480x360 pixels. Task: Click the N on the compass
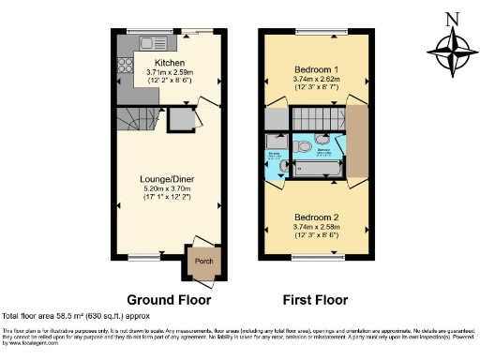pyautogui.click(x=454, y=19)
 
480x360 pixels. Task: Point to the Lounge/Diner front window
pyautogui.click(x=142, y=256)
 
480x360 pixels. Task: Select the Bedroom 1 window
pyautogui.click(x=310, y=34)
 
